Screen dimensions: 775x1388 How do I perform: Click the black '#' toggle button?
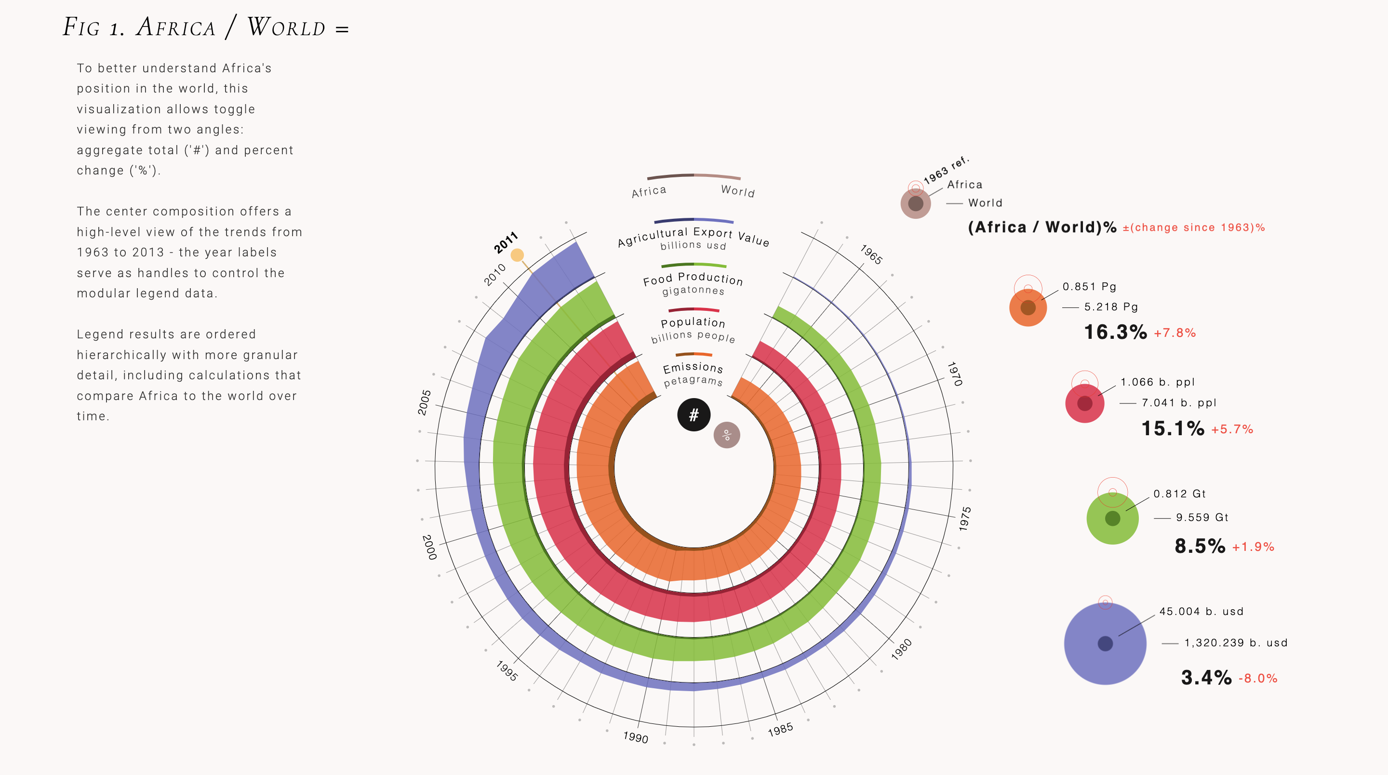[x=694, y=414]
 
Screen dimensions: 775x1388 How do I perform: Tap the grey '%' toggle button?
[x=726, y=435]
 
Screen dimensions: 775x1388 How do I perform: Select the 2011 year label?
[x=506, y=242]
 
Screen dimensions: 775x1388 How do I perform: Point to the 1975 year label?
[x=964, y=519]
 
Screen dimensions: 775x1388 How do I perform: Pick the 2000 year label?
[x=429, y=547]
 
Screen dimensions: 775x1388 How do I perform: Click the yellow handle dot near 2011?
[x=517, y=255]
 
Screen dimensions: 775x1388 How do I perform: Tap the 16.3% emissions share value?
[x=1115, y=332]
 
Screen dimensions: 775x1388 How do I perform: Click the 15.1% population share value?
[x=1173, y=428]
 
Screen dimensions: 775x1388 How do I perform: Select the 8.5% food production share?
[x=1200, y=546]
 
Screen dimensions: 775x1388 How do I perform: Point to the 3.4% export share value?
[x=1206, y=678]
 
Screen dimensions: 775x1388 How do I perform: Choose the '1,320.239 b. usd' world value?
[x=1236, y=642]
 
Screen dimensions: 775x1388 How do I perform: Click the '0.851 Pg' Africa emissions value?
[x=1089, y=286]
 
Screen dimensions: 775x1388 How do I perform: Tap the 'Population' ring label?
[x=693, y=322]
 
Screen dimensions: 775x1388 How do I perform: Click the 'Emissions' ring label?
[x=693, y=368]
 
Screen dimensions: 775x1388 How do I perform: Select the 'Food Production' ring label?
[x=693, y=279]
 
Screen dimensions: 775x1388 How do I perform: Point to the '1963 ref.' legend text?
[x=946, y=170]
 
